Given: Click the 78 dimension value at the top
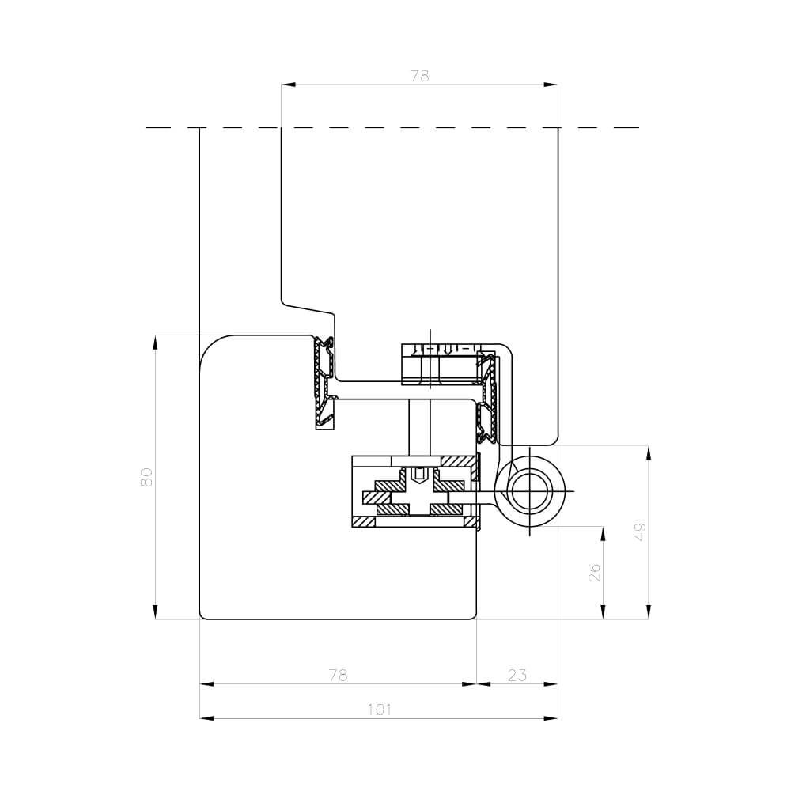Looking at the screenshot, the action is pyautogui.click(x=419, y=76).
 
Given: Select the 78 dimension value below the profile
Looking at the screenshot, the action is pyautogui.click(x=338, y=675).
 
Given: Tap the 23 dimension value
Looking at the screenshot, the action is pyautogui.click(x=517, y=675).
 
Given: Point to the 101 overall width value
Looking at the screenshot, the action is pyautogui.click(x=379, y=710).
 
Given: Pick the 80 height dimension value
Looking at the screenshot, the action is pyautogui.click(x=146, y=477).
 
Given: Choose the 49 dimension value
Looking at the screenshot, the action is pyautogui.click(x=640, y=532).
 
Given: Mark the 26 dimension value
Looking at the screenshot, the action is pyautogui.click(x=596, y=572).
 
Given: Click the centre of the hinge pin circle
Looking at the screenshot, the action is pyautogui.click(x=529, y=491).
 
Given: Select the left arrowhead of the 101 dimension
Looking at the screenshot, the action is pyautogui.click(x=206, y=718).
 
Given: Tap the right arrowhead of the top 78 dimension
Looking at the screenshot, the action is pyautogui.click(x=551, y=85).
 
